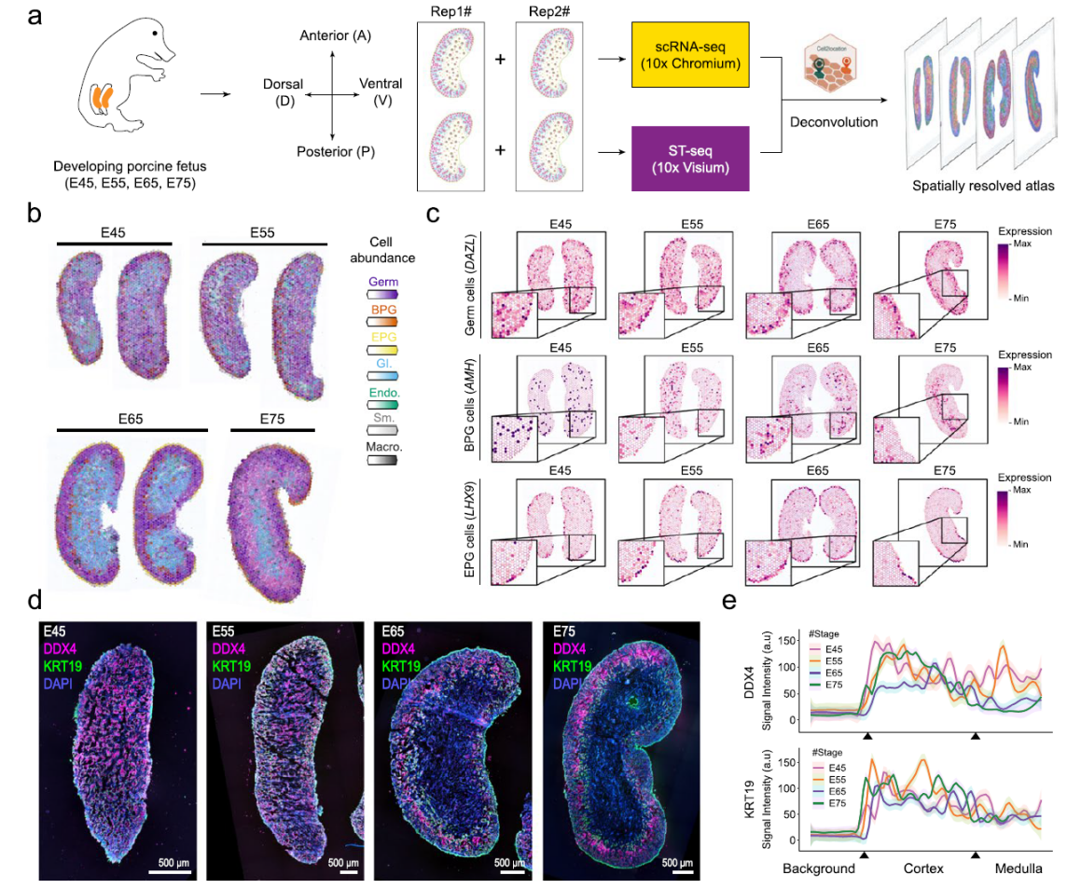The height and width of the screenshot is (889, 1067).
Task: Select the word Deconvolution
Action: [832, 121]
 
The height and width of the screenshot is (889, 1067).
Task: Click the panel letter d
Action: [35, 597]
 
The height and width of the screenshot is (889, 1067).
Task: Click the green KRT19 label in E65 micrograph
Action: [399, 665]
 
